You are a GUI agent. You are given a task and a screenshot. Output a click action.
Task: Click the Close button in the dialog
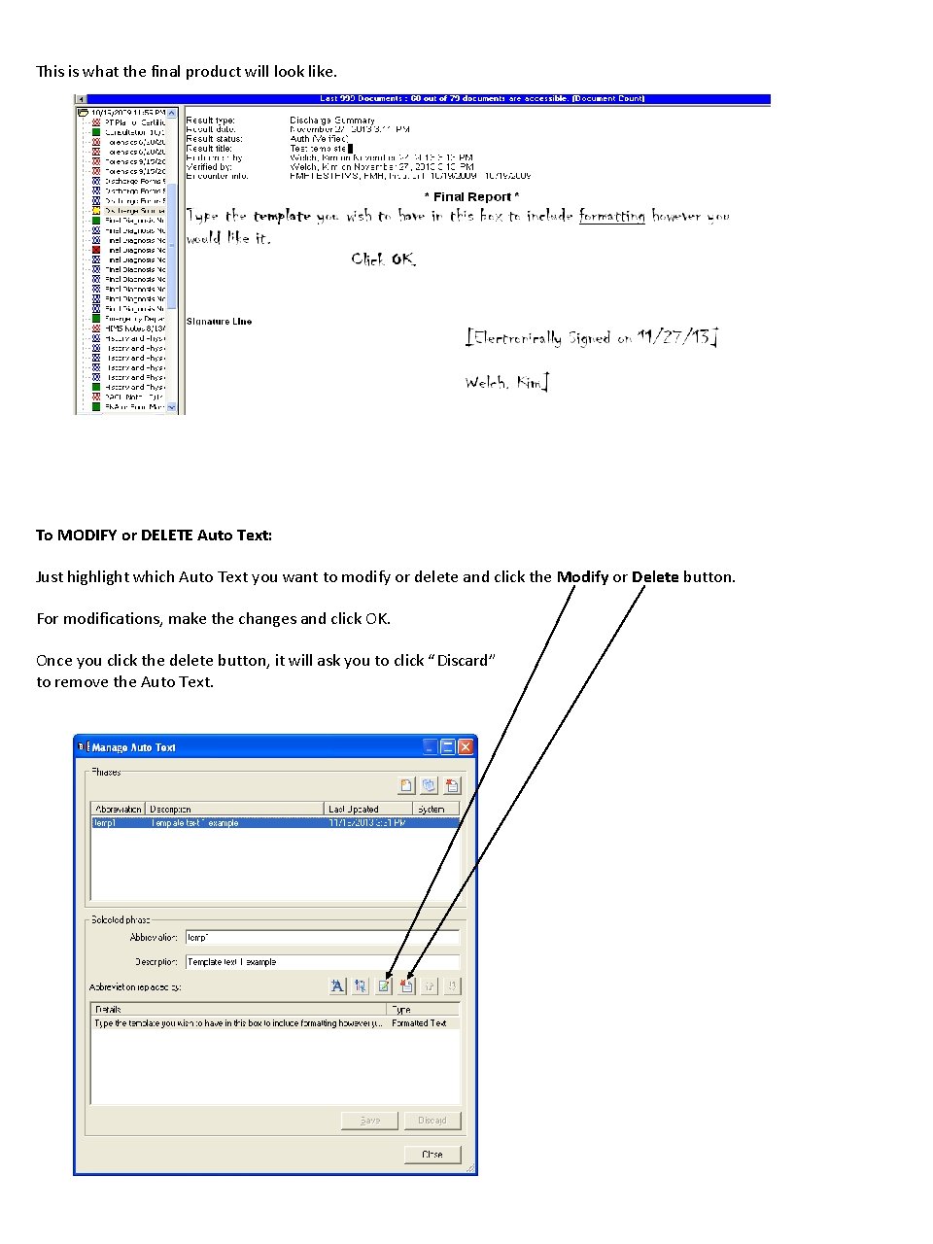coord(432,1154)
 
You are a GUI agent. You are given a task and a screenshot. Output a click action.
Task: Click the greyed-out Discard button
coord(432,1121)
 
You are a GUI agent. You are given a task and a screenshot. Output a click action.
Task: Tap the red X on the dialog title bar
coord(466,746)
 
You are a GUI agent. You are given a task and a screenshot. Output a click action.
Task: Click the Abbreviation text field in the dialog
coord(322,938)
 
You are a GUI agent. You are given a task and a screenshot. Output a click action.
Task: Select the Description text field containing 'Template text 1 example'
coord(322,962)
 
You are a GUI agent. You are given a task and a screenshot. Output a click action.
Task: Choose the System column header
coord(435,809)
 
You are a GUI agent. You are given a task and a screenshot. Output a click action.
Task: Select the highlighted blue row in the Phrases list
coord(274,823)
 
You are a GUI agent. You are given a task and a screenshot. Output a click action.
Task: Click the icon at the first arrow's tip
coord(384,985)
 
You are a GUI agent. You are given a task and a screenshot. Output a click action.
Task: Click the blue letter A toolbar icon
coord(337,985)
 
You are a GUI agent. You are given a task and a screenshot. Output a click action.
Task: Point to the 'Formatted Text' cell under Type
coord(419,1023)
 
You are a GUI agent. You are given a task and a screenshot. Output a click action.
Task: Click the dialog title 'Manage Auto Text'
coord(134,747)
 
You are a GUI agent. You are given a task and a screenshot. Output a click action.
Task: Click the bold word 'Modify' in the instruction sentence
coord(582,576)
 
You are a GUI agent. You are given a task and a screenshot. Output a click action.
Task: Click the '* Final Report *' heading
coord(471,196)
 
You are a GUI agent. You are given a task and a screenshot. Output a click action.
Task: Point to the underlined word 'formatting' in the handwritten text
coord(611,216)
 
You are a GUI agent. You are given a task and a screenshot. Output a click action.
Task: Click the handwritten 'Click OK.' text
coord(383,259)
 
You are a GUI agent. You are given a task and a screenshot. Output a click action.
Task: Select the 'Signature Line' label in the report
coord(219,322)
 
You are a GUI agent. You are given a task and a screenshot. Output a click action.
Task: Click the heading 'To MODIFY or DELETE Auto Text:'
coord(154,535)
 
